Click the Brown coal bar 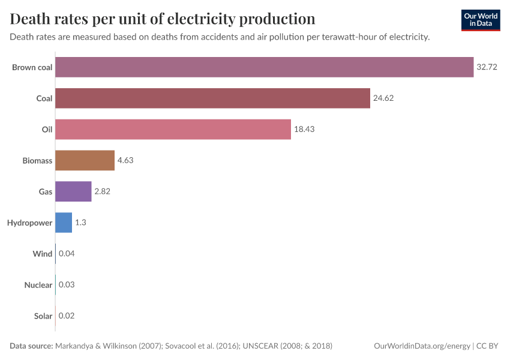click(264, 67)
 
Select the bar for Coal click(212, 98)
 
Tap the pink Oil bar click(173, 130)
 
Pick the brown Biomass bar click(85, 161)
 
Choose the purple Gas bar click(73, 192)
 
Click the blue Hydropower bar click(64, 223)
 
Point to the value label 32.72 click(487, 67)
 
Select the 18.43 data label click(304, 130)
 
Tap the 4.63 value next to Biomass click(125, 161)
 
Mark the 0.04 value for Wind click(67, 254)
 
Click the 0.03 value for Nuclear click(66, 285)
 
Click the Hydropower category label click(29, 223)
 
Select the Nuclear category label click(38, 285)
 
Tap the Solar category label click(43, 316)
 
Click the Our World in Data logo click(480, 20)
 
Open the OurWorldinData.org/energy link click(422, 346)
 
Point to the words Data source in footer click(31, 346)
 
